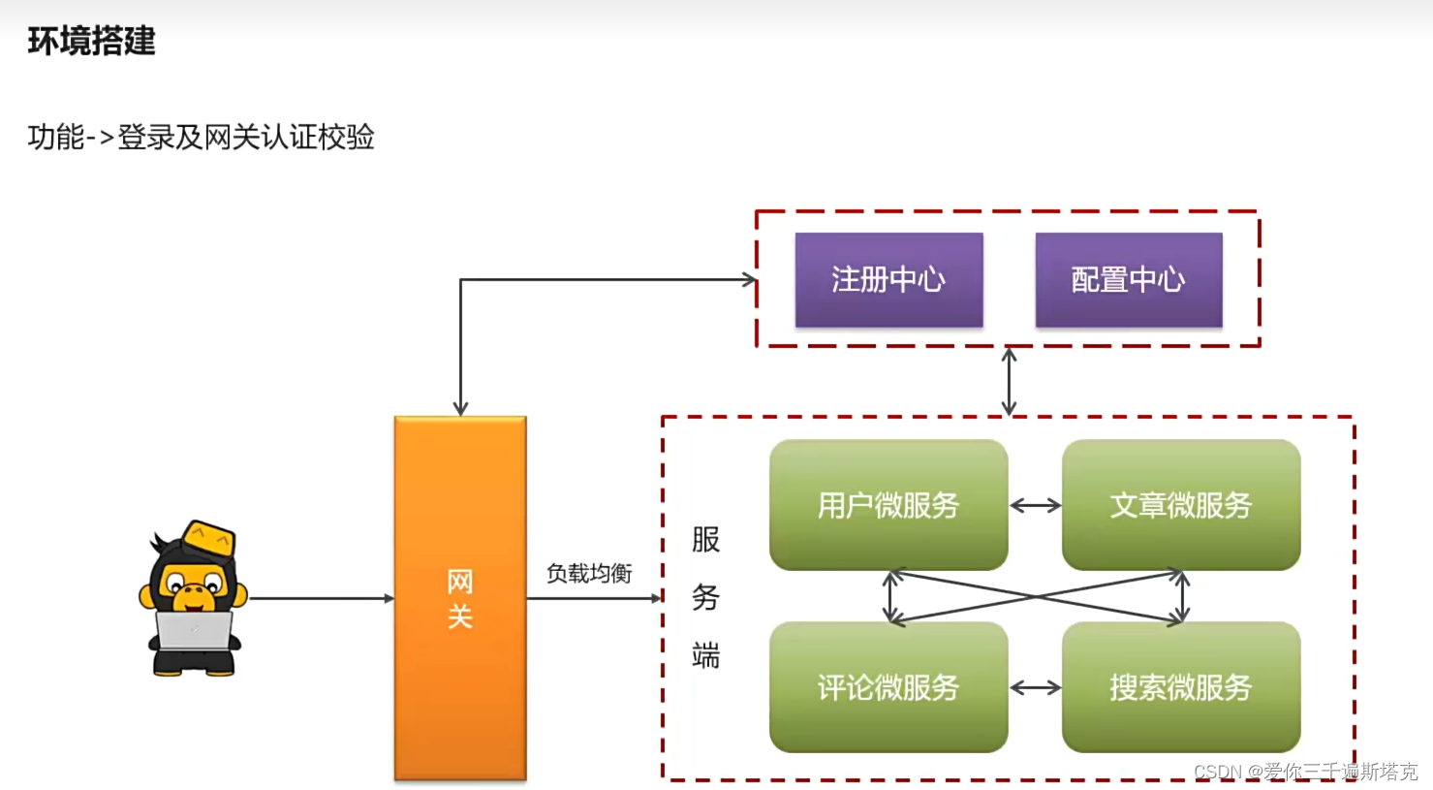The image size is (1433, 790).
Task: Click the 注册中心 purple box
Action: pos(888,279)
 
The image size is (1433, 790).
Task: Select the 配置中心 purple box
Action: pos(1128,279)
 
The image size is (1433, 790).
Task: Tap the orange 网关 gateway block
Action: pos(460,598)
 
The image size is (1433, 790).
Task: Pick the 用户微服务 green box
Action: pos(888,505)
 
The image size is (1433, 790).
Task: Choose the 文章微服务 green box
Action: pos(1180,505)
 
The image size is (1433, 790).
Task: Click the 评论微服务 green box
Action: pos(888,687)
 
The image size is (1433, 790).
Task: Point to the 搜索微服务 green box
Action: pos(1180,687)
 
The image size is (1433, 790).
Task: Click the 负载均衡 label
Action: pos(589,574)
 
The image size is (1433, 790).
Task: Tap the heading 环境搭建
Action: pos(91,41)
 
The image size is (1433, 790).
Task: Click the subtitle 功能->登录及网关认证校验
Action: pos(201,137)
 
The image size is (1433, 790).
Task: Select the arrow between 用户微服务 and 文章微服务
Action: pos(1035,505)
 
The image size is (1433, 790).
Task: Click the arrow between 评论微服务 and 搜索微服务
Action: pos(1035,687)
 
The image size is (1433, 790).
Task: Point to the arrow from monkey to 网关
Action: pos(320,598)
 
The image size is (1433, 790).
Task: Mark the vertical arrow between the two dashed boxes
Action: pos(1009,381)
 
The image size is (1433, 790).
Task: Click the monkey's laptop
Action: pos(194,630)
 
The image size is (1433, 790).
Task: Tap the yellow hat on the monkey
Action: pos(211,538)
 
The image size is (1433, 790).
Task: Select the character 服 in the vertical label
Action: pos(705,540)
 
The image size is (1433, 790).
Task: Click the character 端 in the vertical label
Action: pos(705,656)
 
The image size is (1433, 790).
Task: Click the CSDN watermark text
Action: pos(1305,772)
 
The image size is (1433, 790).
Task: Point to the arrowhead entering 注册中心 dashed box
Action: pos(749,279)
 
